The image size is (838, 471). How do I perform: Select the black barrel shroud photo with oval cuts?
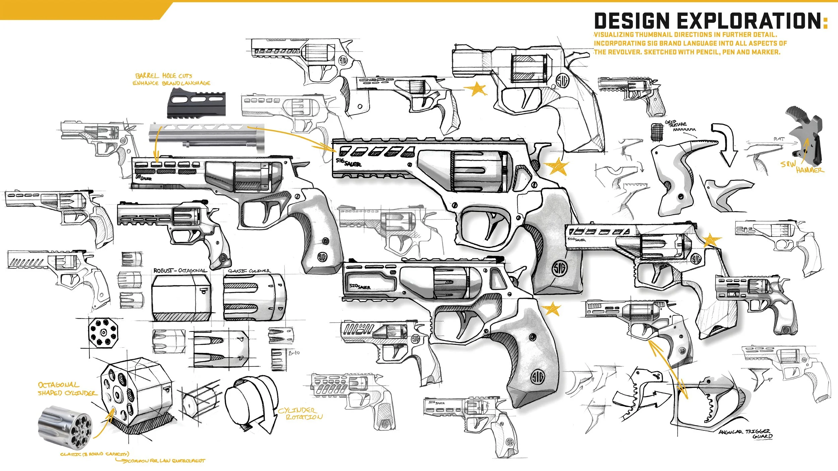click(x=196, y=103)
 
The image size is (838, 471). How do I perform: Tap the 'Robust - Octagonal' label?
click(x=180, y=270)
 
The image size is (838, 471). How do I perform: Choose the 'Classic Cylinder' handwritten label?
click(x=249, y=271)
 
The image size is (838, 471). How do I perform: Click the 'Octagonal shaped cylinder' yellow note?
click(x=67, y=389)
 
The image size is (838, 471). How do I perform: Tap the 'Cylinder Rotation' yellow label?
click(x=300, y=414)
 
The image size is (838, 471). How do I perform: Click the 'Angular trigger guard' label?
click(x=746, y=434)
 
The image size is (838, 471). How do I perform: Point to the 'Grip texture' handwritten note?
click(x=676, y=124)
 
